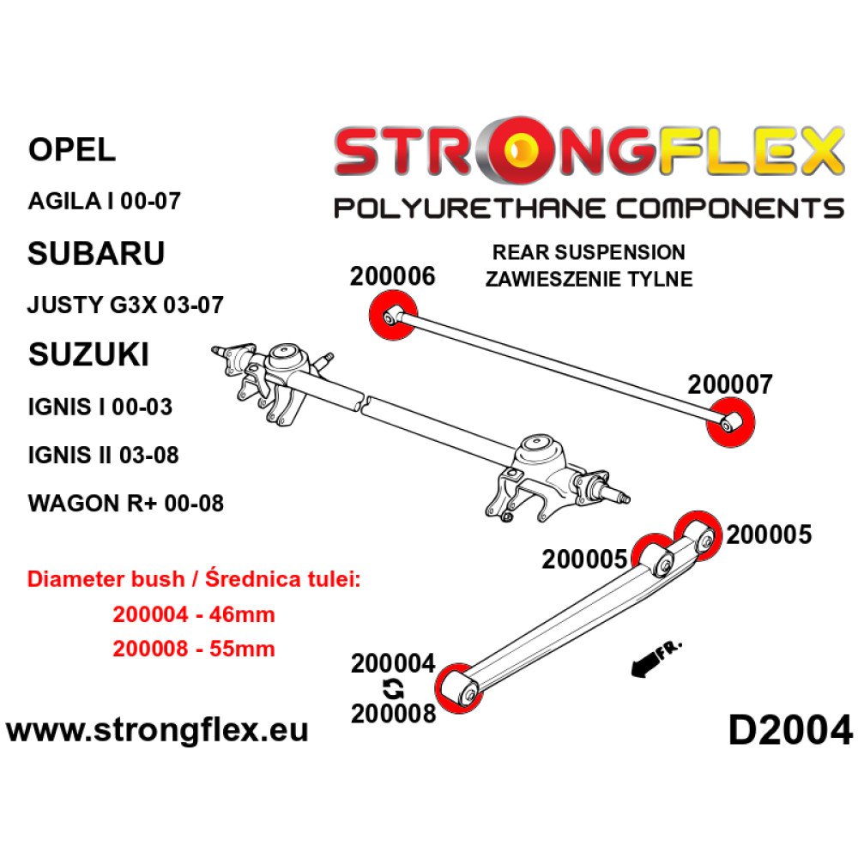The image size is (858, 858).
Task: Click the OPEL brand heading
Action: click(x=72, y=151)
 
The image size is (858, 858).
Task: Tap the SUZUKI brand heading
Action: click(x=88, y=353)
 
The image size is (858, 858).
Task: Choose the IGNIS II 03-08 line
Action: click(x=104, y=455)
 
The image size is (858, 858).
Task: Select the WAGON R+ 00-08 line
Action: click(x=126, y=503)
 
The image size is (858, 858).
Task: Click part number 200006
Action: click(x=392, y=276)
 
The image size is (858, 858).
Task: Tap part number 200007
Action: click(x=730, y=384)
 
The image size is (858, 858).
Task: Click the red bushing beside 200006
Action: click(x=391, y=316)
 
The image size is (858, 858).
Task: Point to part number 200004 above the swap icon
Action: click(x=394, y=663)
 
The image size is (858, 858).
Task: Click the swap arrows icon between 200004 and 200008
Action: click(x=394, y=687)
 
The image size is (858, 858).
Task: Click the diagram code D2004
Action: click(x=790, y=731)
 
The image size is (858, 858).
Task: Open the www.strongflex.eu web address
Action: click(x=157, y=731)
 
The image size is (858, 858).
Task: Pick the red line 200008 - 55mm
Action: click(x=193, y=649)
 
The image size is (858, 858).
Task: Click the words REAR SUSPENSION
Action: click(x=588, y=252)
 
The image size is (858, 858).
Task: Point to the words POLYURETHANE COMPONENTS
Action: click(x=588, y=208)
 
